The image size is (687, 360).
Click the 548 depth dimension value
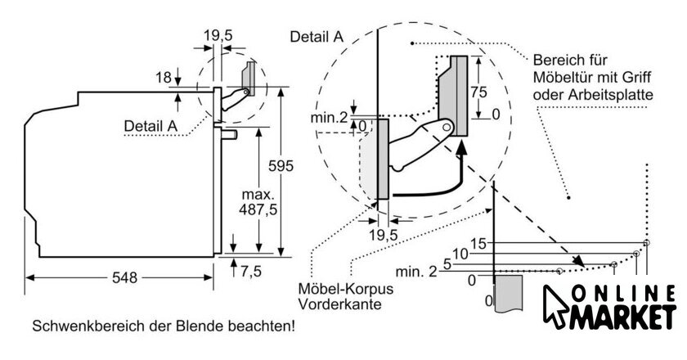[x=125, y=277]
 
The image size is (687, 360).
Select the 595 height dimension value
[x=281, y=166]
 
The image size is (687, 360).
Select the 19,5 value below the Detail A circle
[x=381, y=235]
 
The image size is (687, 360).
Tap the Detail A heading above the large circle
[x=316, y=36]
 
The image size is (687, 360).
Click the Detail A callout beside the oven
[x=150, y=126]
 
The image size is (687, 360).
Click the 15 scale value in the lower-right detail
[x=480, y=243]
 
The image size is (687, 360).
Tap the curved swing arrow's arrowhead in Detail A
[x=462, y=147]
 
